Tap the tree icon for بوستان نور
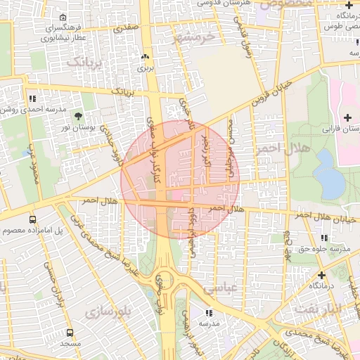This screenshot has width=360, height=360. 77,116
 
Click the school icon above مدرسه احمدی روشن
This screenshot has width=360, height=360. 32,99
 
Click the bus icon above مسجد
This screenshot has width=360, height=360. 70,333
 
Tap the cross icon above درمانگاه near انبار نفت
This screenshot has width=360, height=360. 321,275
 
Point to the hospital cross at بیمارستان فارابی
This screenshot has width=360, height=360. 347,116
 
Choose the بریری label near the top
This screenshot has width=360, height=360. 145,69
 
